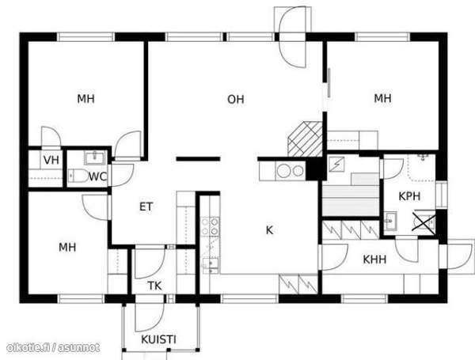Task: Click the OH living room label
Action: click(x=236, y=100)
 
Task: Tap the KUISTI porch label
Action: click(x=158, y=339)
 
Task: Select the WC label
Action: click(x=97, y=176)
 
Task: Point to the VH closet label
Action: click(x=51, y=160)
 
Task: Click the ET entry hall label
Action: click(x=146, y=207)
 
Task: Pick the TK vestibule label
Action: click(x=154, y=286)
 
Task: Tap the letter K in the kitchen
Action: click(x=269, y=230)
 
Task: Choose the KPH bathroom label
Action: click(x=409, y=196)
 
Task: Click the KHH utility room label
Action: click(x=374, y=260)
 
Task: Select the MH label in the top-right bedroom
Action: click(x=382, y=98)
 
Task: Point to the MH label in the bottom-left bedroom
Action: click(x=67, y=248)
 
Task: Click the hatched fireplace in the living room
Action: click(x=305, y=139)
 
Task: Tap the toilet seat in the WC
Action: click(x=78, y=176)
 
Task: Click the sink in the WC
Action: click(x=94, y=157)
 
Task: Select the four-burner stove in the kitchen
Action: click(x=210, y=226)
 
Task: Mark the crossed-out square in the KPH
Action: click(x=424, y=222)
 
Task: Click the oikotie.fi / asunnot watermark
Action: click(x=53, y=347)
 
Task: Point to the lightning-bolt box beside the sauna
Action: click(x=337, y=164)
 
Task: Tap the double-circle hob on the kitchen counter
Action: click(x=290, y=171)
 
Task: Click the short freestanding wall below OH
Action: click(x=198, y=159)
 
